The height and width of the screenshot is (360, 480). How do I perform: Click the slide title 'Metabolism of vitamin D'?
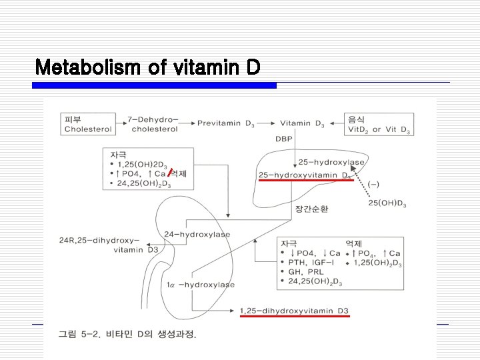point(147,67)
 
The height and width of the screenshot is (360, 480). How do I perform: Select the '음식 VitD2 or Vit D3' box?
point(378,124)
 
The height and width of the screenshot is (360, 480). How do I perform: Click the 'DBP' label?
point(283,139)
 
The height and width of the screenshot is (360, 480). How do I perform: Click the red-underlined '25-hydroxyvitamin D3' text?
point(305,175)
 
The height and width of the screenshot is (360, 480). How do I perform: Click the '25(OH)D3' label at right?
point(387,203)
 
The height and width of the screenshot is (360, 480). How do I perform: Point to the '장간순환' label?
point(311,209)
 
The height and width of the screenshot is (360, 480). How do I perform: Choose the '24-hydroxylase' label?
point(197,234)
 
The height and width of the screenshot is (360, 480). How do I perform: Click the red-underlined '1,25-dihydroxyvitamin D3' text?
point(293,311)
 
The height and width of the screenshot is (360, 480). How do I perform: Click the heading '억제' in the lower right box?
point(353,243)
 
